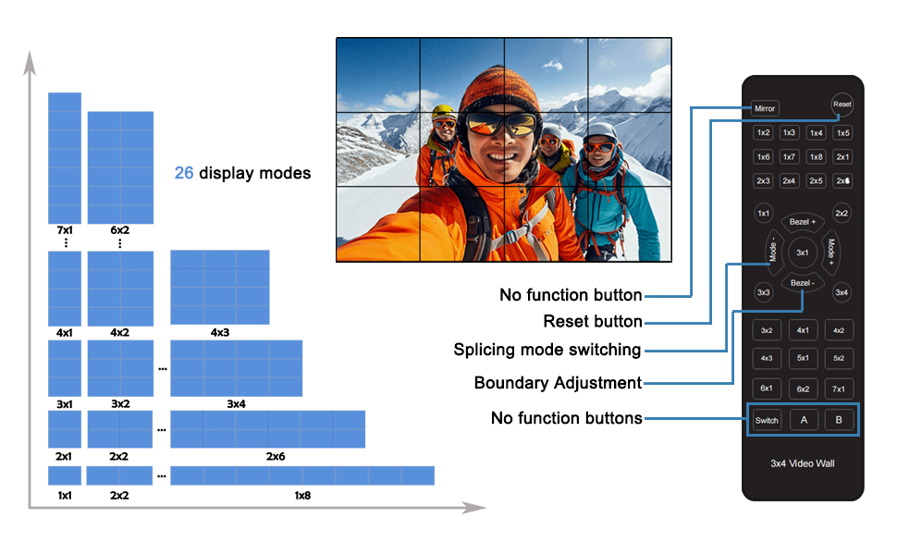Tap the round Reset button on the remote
[x=842, y=105]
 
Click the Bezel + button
[x=802, y=222]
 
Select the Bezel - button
[x=802, y=282]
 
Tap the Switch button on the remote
[x=767, y=420]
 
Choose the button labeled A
[x=803, y=420]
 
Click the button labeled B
[x=839, y=420]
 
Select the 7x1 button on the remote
[x=839, y=388]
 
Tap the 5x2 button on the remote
[x=839, y=358]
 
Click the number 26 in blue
[x=184, y=173]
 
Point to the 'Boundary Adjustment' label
[x=558, y=383]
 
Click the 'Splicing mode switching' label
[x=547, y=350]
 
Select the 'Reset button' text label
[x=593, y=322]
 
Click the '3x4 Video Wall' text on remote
[x=803, y=462]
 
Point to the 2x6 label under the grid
[x=276, y=457]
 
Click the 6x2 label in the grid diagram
[x=120, y=229]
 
